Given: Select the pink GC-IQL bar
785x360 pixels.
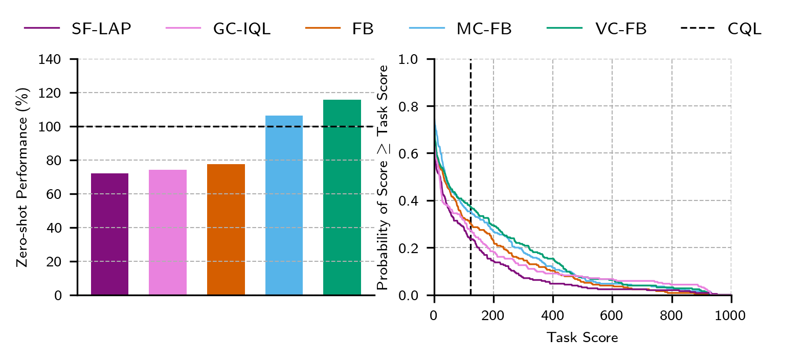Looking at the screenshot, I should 168,232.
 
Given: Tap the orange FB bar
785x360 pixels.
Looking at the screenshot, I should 226,230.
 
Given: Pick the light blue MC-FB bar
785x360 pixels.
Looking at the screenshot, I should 284,205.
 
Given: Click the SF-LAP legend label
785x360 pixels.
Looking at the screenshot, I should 101,29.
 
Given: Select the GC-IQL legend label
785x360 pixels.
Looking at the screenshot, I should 242,29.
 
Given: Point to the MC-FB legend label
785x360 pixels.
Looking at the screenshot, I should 484,29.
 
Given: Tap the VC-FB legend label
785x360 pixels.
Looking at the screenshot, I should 621,29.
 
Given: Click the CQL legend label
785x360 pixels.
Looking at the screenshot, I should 745,29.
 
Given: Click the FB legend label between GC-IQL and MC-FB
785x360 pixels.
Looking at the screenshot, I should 363,29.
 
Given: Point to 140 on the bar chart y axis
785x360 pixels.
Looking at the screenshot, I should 50,59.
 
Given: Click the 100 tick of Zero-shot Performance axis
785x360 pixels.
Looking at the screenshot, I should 50,127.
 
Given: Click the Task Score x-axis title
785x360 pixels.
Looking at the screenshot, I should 582,338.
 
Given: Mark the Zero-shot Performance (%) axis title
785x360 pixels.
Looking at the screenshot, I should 22,177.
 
